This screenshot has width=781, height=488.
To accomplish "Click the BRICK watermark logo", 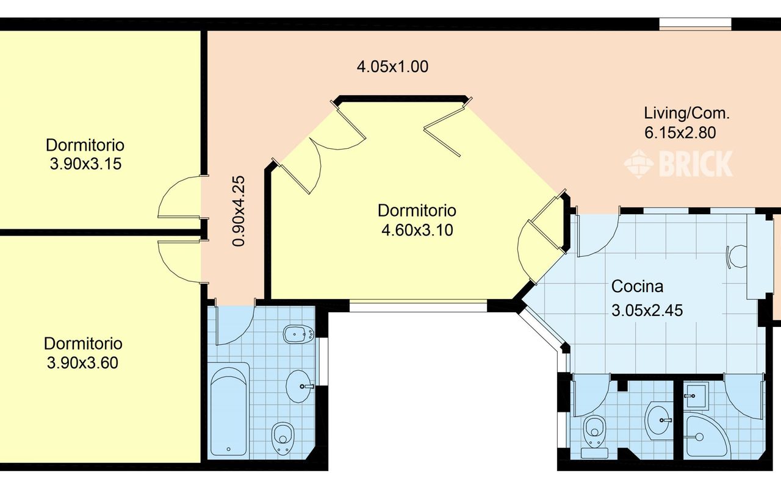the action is pyautogui.click(x=678, y=164).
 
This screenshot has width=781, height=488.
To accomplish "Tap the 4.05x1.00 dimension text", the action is pyautogui.click(x=392, y=66).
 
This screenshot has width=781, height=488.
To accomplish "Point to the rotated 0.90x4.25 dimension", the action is pyautogui.click(x=239, y=211).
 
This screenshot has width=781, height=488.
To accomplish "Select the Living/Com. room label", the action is pyautogui.click(x=687, y=113).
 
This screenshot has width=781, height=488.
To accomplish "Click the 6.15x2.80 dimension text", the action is pyautogui.click(x=680, y=133).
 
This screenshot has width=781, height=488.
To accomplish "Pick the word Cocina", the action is pyautogui.click(x=638, y=287).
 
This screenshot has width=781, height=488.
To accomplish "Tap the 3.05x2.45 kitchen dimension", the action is pyautogui.click(x=647, y=310).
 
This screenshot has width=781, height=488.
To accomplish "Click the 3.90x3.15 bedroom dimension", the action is pyautogui.click(x=86, y=164).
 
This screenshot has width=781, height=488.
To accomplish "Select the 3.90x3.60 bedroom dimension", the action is pyautogui.click(x=82, y=363).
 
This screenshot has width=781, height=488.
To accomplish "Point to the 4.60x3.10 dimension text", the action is pyautogui.click(x=417, y=230).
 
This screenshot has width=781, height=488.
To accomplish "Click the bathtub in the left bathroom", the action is pyautogui.click(x=229, y=411).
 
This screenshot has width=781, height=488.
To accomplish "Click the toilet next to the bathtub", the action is pyautogui.click(x=283, y=439).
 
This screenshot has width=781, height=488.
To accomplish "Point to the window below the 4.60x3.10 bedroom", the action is pyautogui.click(x=418, y=306).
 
